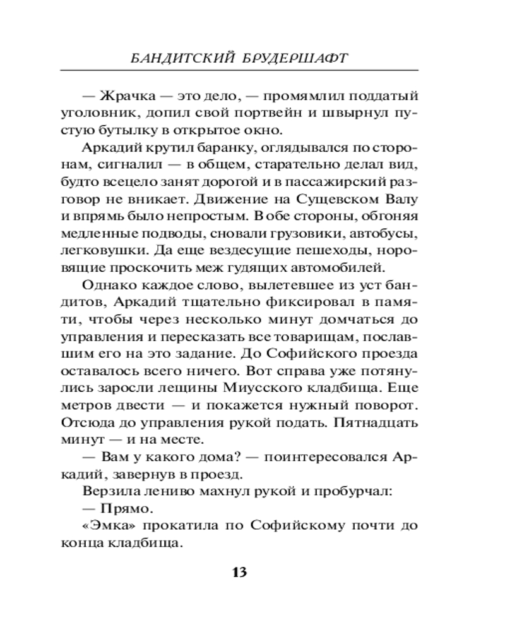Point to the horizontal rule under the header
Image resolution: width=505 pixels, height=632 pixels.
click(x=252, y=70)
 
